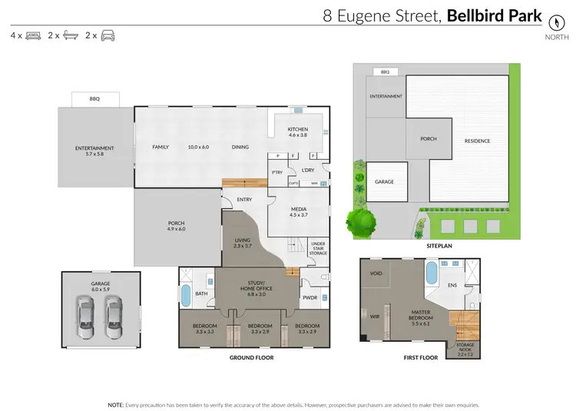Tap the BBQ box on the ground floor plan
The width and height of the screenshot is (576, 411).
94,99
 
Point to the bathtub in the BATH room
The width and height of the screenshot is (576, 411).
185,295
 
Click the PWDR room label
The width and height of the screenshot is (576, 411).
310,298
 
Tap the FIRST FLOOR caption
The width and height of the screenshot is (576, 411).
420,357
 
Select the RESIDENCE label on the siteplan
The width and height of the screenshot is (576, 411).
477,141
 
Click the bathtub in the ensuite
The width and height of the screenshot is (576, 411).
431,273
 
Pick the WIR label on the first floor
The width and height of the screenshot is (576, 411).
376,316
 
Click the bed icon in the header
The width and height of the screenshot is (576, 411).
33,35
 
